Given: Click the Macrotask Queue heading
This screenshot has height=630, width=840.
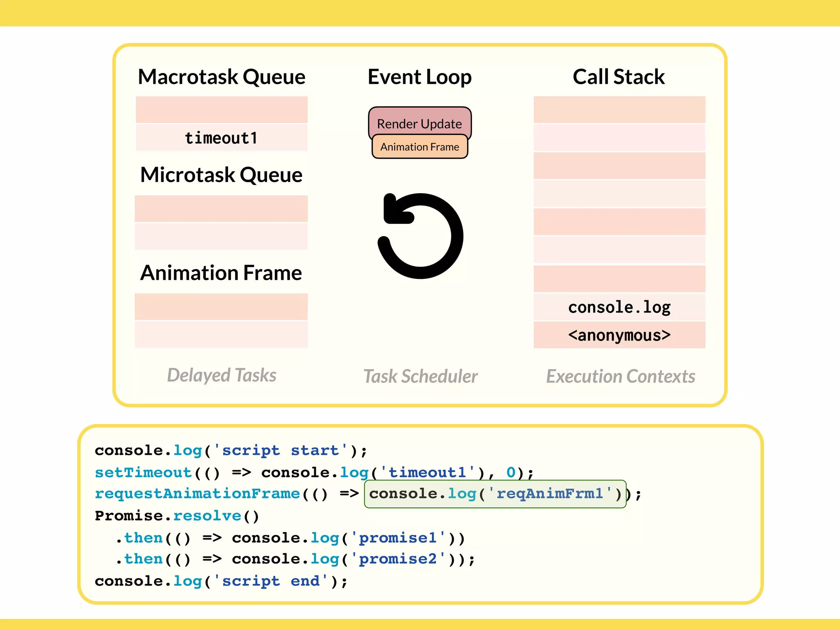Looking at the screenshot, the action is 221,77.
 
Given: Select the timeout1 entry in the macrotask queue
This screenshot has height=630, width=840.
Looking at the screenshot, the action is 221,138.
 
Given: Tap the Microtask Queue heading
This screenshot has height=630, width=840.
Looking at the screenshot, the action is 221,175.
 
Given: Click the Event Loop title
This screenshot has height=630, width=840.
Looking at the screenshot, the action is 420,77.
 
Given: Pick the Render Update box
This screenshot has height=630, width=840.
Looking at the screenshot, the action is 420,122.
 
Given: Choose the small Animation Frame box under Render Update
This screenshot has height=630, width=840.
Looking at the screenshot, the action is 420,147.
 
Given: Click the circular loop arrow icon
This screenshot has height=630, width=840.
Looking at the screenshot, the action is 420,236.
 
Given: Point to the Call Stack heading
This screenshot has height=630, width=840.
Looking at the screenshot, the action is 619,77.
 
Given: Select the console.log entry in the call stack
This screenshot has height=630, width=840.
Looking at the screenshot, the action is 619,307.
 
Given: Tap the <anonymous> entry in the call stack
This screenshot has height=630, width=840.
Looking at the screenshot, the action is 619,335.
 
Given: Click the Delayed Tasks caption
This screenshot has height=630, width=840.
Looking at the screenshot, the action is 221,375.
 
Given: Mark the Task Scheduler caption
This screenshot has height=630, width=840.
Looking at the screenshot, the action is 420,376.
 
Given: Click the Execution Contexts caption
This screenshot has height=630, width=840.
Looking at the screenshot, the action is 621,376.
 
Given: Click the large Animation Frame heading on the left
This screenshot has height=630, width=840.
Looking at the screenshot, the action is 221,273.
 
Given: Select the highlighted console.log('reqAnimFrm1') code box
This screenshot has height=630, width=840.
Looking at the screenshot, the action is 495,494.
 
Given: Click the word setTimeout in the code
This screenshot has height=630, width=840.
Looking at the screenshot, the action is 143,472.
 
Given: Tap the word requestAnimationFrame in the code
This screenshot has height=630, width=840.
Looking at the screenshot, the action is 197,494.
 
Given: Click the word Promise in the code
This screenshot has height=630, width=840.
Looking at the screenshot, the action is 129,516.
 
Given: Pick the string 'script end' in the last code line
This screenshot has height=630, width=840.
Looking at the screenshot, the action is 271,581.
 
